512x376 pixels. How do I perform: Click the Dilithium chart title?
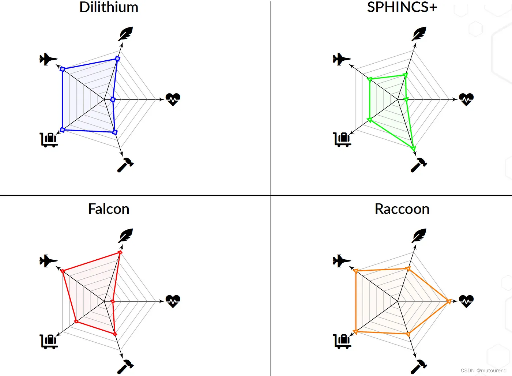pyautogui.click(x=109, y=7)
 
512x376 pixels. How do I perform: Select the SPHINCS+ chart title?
pyautogui.click(x=402, y=7)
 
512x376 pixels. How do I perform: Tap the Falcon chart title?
pyautogui.click(x=109, y=209)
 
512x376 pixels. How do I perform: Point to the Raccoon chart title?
pyautogui.click(x=402, y=209)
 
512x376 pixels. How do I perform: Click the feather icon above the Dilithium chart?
pyautogui.click(x=125, y=34)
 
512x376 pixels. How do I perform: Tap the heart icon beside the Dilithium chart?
pyautogui.click(x=173, y=99)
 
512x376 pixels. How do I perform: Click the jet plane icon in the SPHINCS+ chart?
pyautogui.click(x=342, y=59)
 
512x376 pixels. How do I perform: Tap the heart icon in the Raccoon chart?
pyautogui.click(x=466, y=301)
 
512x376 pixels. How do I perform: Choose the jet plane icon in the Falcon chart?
pyautogui.click(x=48, y=261)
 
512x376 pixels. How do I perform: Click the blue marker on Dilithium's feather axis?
pyautogui.click(x=117, y=59)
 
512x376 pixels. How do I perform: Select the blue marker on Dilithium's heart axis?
pyautogui.click(x=113, y=99)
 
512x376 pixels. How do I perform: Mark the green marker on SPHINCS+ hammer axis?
pyautogui.click(x=413, y=148)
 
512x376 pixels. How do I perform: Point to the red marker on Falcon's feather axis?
pyautogui.click(x=120, y=252)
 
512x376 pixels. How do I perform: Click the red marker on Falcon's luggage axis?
pyautogui.click(x=76, y=322)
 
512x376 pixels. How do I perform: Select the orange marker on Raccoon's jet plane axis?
pyautogui.click(x=355, y=271)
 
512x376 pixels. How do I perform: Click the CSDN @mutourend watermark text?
pyautogui.click(x=483, y=371)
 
